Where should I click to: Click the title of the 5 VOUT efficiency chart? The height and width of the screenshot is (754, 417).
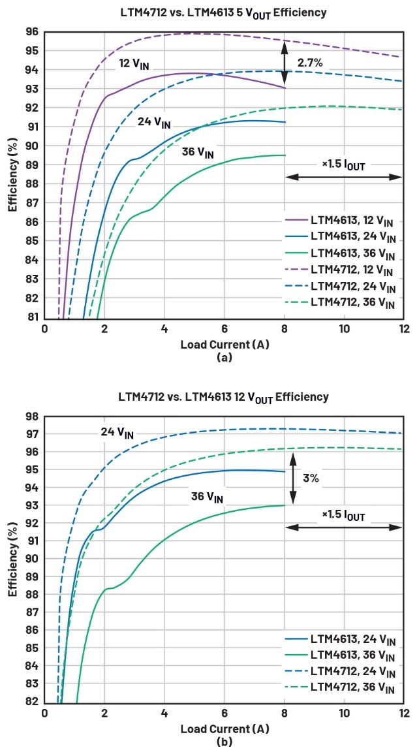click(x=223, y=12)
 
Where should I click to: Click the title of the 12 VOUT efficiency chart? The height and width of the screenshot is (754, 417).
click(x=223, y=397)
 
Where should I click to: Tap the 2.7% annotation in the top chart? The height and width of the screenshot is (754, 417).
click(x=309, y=64)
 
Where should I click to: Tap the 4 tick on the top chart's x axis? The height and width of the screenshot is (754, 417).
click(x=164, y=329)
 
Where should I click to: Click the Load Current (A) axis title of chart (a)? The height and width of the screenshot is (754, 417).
click(x=225, y=343)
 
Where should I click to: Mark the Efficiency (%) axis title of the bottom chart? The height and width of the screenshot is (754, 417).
click(x=12, y=561)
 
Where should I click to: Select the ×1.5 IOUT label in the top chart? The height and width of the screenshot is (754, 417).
click(x=343, y=165)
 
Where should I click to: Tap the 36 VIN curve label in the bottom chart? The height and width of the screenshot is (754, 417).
click(x=207, y=497)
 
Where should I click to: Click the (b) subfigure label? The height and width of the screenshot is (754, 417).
click(x=224, y=742)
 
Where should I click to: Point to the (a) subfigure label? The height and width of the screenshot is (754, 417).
click(x=224, y=357)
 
